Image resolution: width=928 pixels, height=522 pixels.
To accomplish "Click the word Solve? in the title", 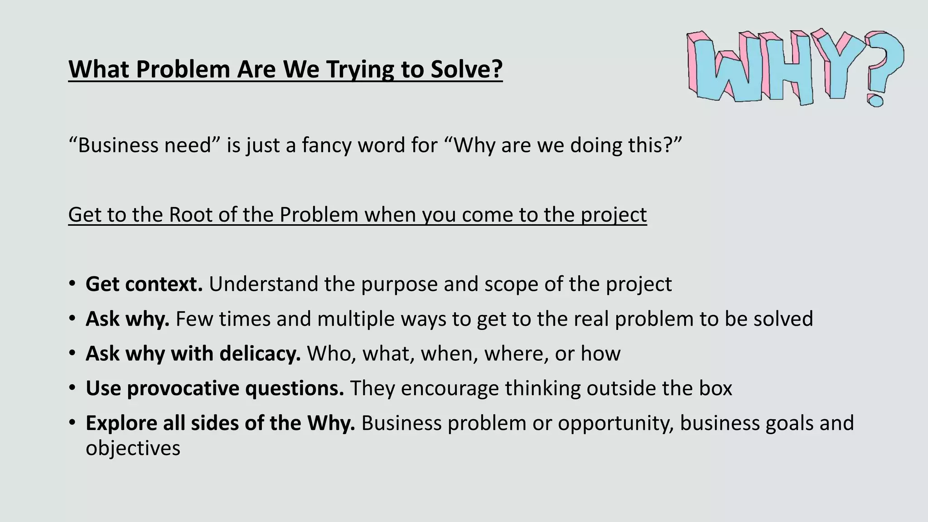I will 466,69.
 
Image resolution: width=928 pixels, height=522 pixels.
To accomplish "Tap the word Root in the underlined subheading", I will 190,215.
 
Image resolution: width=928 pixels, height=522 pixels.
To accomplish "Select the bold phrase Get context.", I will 144,284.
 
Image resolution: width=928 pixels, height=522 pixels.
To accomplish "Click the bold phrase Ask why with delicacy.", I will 193,353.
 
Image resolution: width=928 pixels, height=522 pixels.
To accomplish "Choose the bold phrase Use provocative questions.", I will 215,388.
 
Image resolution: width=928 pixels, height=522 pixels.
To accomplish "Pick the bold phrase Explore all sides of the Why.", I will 220,423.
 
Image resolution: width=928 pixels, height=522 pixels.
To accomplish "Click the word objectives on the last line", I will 133,449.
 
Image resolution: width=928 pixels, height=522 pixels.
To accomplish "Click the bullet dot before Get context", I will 72,285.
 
